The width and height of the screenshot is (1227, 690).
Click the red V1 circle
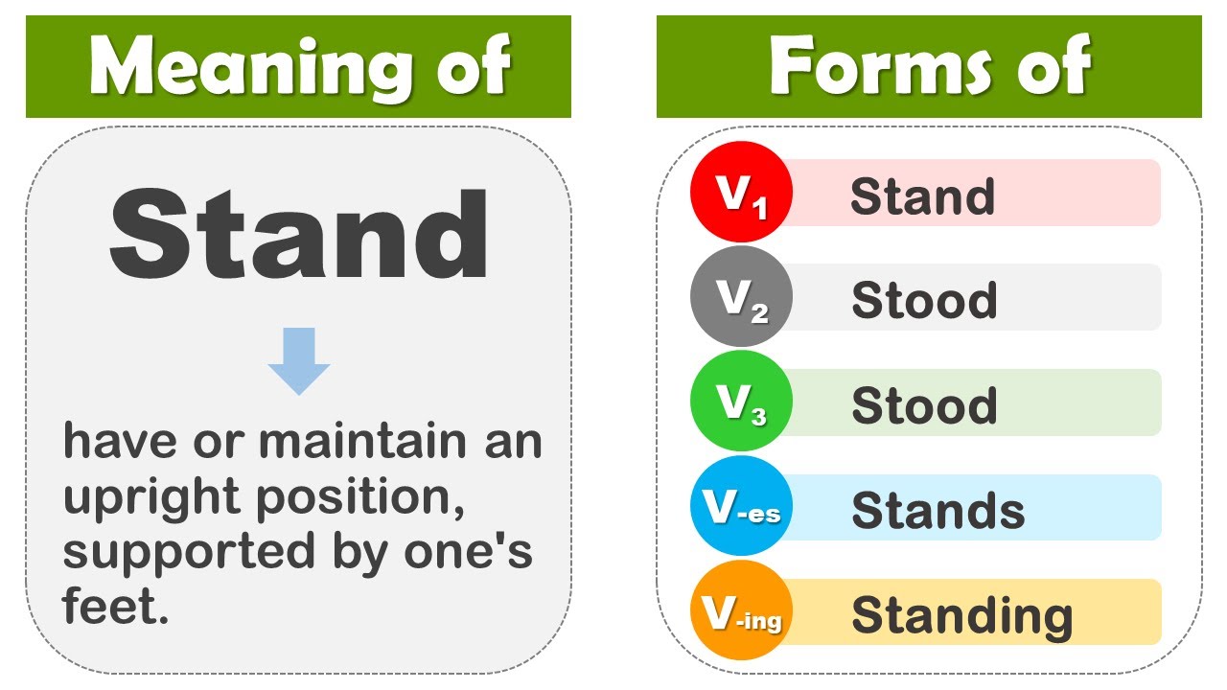click(x=741, y=192)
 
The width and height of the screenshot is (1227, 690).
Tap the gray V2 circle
click(x=741, y=296)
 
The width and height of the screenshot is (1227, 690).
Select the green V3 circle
click(x=741, y=402)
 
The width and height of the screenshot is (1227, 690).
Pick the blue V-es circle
click(x=741, y=506)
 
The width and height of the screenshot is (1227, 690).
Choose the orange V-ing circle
click(x=741, y=610)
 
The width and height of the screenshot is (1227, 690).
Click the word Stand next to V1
click(x=922, y=195)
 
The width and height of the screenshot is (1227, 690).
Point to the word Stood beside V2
click(x=924, y=300)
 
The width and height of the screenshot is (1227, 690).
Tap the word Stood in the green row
click(x=924, y=404)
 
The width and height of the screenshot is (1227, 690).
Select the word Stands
click(x=938, y=510)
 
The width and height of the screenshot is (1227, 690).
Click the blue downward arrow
click(x=299, y=361)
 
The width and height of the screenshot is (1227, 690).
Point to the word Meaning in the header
click(x=252, y=68)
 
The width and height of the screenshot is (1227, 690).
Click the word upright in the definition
click(x=151, y=498)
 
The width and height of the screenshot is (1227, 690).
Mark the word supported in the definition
click(x=189, y=554)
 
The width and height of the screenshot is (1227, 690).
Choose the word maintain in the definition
click(x=362, y=440)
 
